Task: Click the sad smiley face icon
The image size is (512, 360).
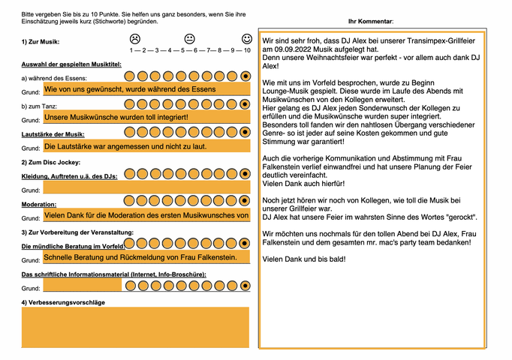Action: (x=134, y=38)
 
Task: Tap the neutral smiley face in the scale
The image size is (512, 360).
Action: (x=190, y=38)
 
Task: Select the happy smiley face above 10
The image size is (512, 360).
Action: (x=247, y=38)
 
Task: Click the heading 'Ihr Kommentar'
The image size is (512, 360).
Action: (x=372, y=22)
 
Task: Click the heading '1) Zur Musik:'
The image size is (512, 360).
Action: (x=41, y=42)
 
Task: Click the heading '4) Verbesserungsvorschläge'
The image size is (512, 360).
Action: (x=63, y=301)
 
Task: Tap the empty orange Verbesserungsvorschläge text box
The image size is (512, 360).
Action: (x=135, y=327)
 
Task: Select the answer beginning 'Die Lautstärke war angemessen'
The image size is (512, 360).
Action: (x=125, y=146)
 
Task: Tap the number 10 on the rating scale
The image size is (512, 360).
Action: (x=247, y=49)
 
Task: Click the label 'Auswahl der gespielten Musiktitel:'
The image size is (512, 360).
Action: (x=71, y=64)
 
